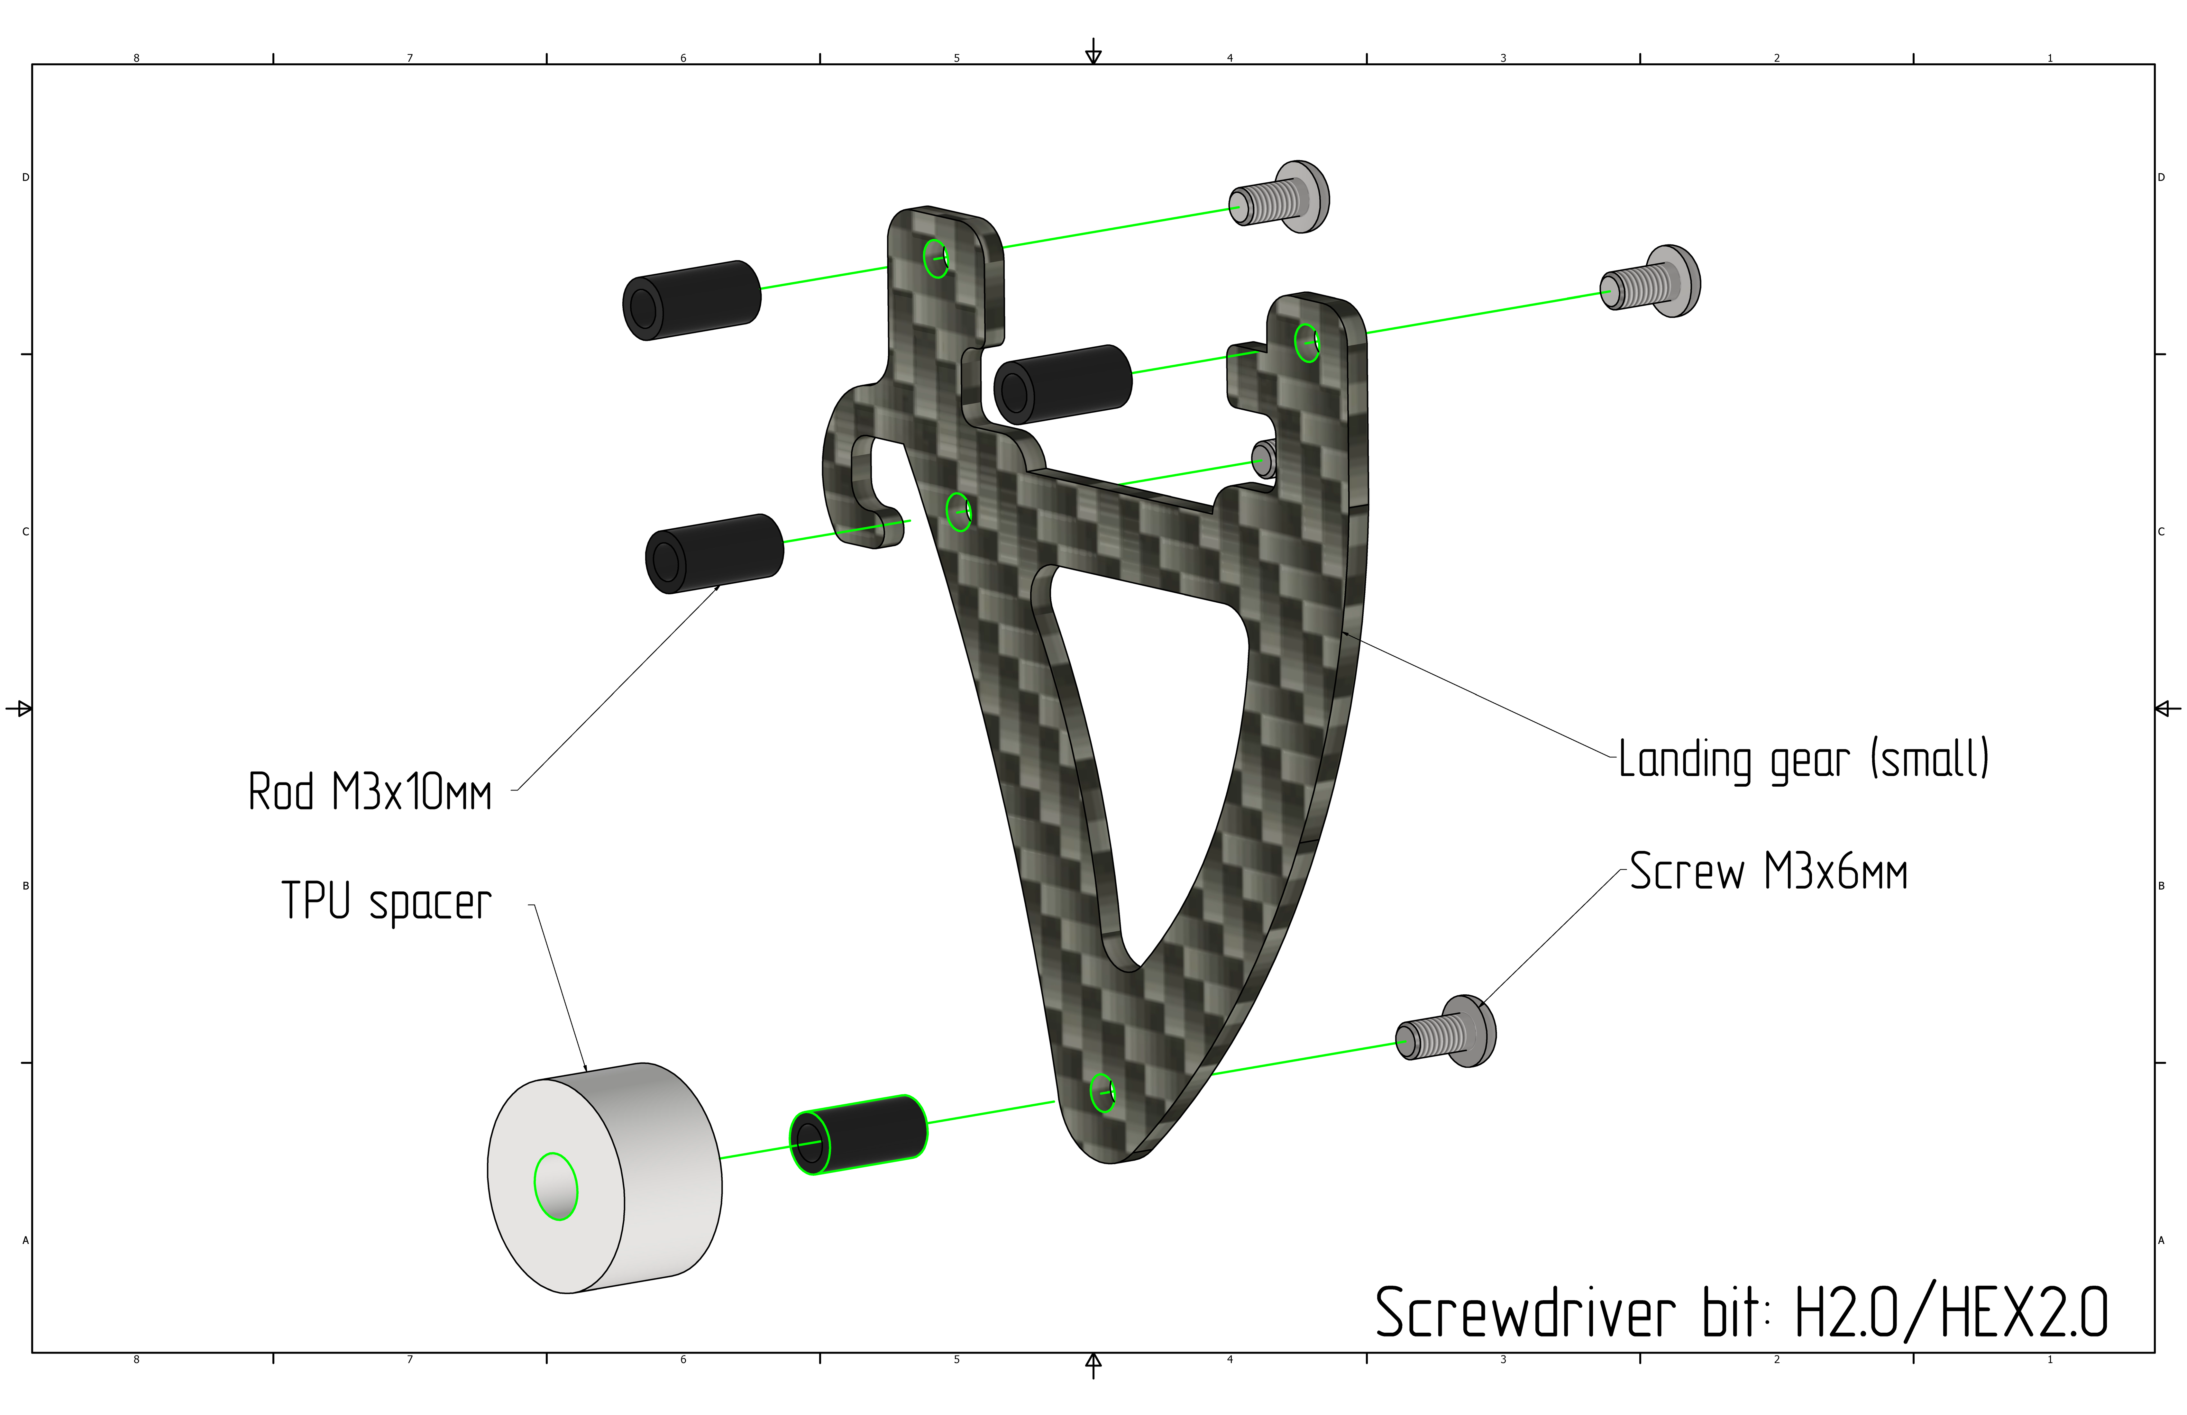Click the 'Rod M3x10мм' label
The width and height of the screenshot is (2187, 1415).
(370, 792)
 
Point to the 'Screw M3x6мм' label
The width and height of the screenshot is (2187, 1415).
(1768, 872)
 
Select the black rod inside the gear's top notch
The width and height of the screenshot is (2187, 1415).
(1063, 384)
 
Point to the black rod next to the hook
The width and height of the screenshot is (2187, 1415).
(715, 553)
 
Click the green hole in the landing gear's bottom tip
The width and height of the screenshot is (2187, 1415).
(1103, 1092)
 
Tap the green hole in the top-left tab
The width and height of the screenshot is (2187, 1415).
(936, 258)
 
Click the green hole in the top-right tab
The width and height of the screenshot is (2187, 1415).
(1307, 343)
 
